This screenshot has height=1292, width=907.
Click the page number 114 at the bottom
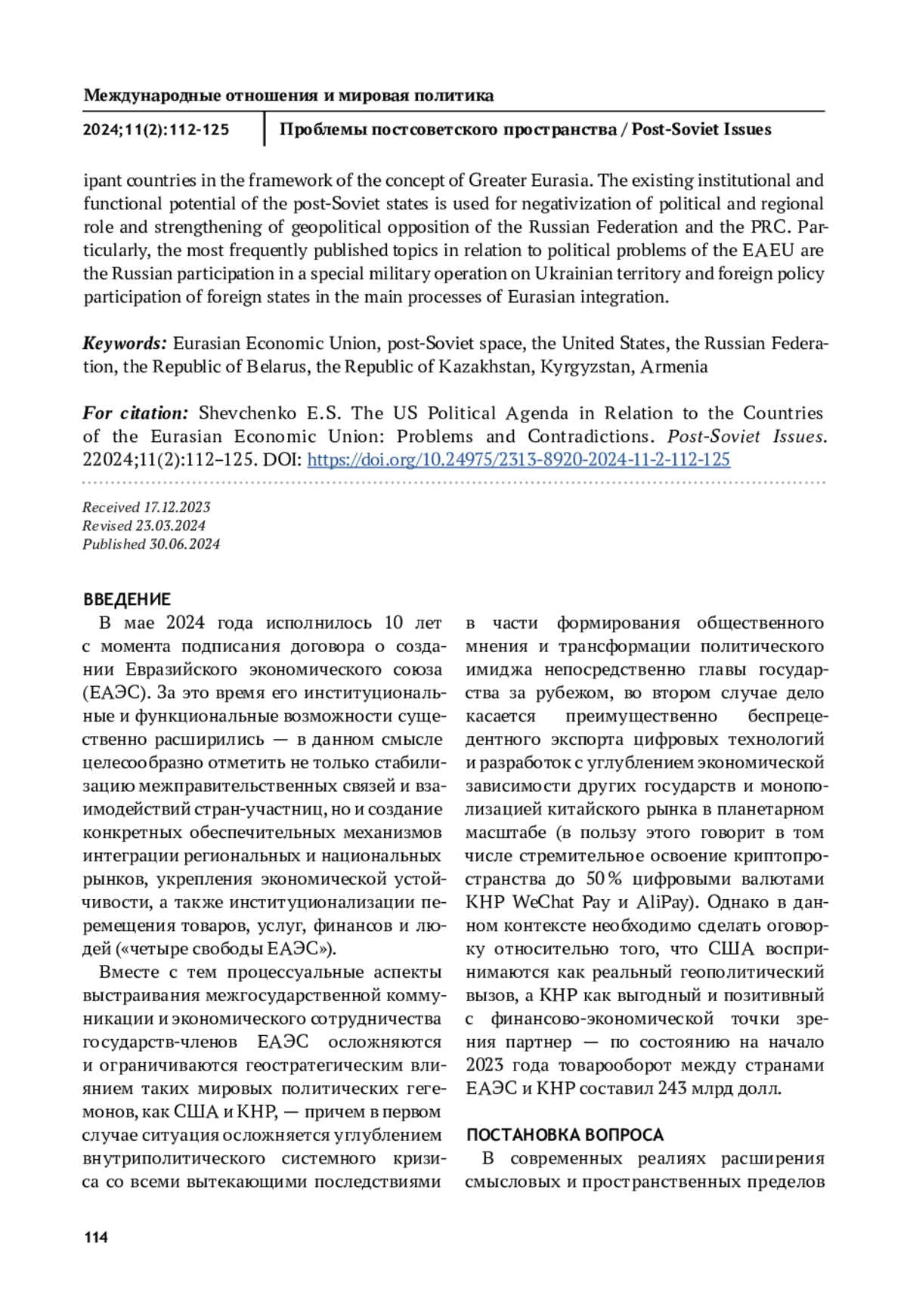click(x=96, y=1237)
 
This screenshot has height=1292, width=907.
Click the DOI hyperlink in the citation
click(x=519, y=459)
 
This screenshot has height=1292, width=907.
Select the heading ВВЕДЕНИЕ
click(x=127, y=599)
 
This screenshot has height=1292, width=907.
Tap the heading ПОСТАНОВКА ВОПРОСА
click(x=565, y=1135)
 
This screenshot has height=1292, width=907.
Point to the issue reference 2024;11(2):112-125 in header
click(x=156, y=130)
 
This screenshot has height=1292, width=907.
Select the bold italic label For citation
click(x=135, y=413)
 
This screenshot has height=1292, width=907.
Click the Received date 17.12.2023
click(x=177, y=507)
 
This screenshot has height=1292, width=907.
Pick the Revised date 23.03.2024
click(x=170, y=525)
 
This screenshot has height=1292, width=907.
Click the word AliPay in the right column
click(x=663, y=902)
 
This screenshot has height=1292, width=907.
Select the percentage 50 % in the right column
click(x=604, y=879)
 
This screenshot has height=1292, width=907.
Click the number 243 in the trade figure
click(x=673, y=1089)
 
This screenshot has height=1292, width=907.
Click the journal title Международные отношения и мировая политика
click(x=289, y=96)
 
